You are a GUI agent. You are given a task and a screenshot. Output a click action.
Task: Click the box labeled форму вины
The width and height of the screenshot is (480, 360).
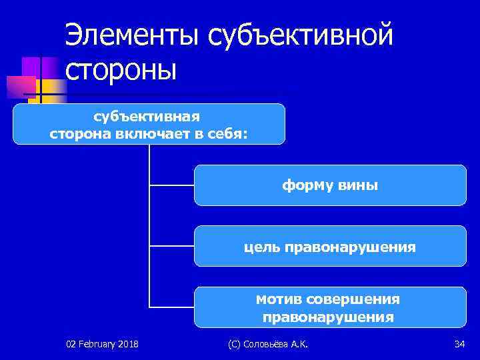pos(330,185)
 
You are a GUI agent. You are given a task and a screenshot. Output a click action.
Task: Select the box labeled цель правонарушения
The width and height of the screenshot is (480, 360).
pos(330,247)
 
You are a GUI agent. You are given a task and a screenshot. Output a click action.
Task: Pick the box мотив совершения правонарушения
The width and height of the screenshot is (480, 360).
pos(330,307)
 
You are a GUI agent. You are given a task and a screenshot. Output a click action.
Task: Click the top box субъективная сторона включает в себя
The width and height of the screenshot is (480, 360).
pos(149,124)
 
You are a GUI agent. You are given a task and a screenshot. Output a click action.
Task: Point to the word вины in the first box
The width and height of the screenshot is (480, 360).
pos(361,186)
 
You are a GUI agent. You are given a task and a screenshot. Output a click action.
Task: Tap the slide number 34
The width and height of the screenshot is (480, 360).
pos(459,344)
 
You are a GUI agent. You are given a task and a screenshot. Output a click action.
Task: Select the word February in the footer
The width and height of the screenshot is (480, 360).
pos(97,344)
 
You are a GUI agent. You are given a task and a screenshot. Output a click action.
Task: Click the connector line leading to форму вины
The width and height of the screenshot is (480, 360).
pos(171,185)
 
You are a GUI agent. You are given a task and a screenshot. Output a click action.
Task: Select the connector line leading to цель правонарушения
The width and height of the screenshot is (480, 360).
pos(171,246)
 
